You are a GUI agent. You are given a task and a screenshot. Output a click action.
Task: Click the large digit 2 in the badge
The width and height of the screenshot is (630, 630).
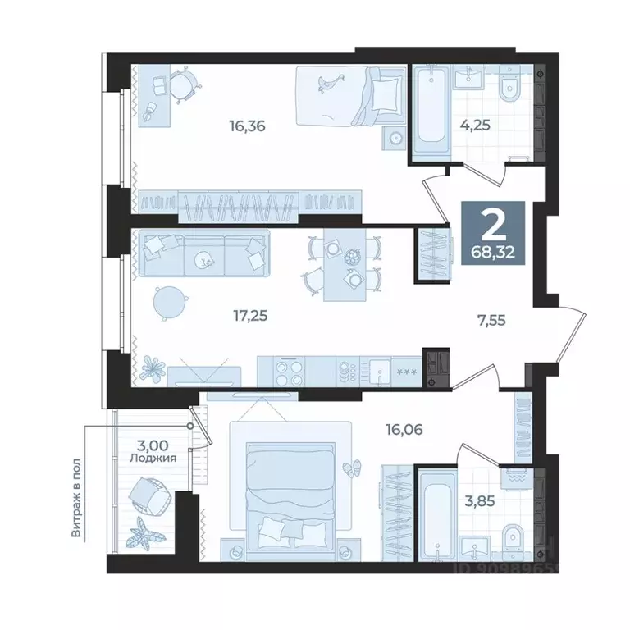[x=493, y=222]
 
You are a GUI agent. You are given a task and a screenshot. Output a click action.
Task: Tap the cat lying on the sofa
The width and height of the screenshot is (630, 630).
[x=203, y=260]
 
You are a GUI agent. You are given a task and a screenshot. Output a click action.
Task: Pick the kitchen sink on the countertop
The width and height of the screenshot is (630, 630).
[x=379, y=372]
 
